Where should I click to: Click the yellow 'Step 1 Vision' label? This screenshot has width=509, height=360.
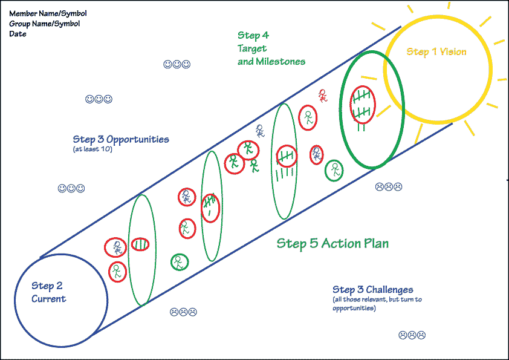pos(436,52)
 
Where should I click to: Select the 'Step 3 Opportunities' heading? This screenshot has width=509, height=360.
pos(120,139)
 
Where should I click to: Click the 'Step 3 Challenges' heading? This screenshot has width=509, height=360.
pos(372,290)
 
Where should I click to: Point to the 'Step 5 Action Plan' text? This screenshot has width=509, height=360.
pos(332,243)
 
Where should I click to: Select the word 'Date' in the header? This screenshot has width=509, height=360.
pos(18,34)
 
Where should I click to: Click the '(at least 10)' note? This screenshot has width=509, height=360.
pos(92,149)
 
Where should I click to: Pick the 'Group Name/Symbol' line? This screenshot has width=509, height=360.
pos(45,24)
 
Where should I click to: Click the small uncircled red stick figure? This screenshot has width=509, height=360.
pos(323,95)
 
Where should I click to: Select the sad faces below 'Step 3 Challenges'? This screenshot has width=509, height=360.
pos(412,335)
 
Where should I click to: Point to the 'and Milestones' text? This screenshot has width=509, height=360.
pos(271,61)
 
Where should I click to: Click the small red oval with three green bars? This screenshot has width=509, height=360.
pos(140,244)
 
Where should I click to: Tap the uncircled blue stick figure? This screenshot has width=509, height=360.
pos(260,131)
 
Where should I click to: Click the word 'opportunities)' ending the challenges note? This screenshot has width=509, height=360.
pos(354,309)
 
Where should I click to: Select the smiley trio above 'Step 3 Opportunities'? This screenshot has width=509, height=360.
pos(99,99)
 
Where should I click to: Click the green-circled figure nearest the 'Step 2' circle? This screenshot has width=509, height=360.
pos(178,262)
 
